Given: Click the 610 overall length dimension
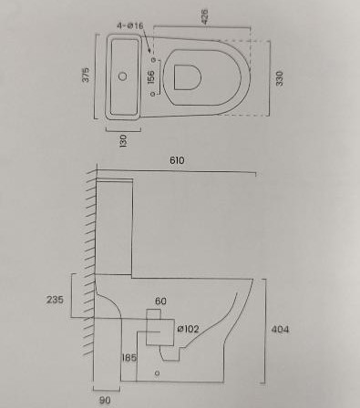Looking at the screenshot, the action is coord(177,160).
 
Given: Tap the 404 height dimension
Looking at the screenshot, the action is coord(280,329).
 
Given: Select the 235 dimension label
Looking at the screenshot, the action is coord(55,300).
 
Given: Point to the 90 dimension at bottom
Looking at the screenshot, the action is coord(105,400).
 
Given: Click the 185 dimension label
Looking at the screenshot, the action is coord(129,358).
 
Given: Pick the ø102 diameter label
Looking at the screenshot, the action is coord(188,329).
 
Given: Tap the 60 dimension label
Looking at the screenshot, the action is coord(160,301).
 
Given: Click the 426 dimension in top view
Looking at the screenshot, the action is coord(205,16).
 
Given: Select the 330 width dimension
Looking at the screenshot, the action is coord(279,78).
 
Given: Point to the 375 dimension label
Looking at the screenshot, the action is coord(86,75).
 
